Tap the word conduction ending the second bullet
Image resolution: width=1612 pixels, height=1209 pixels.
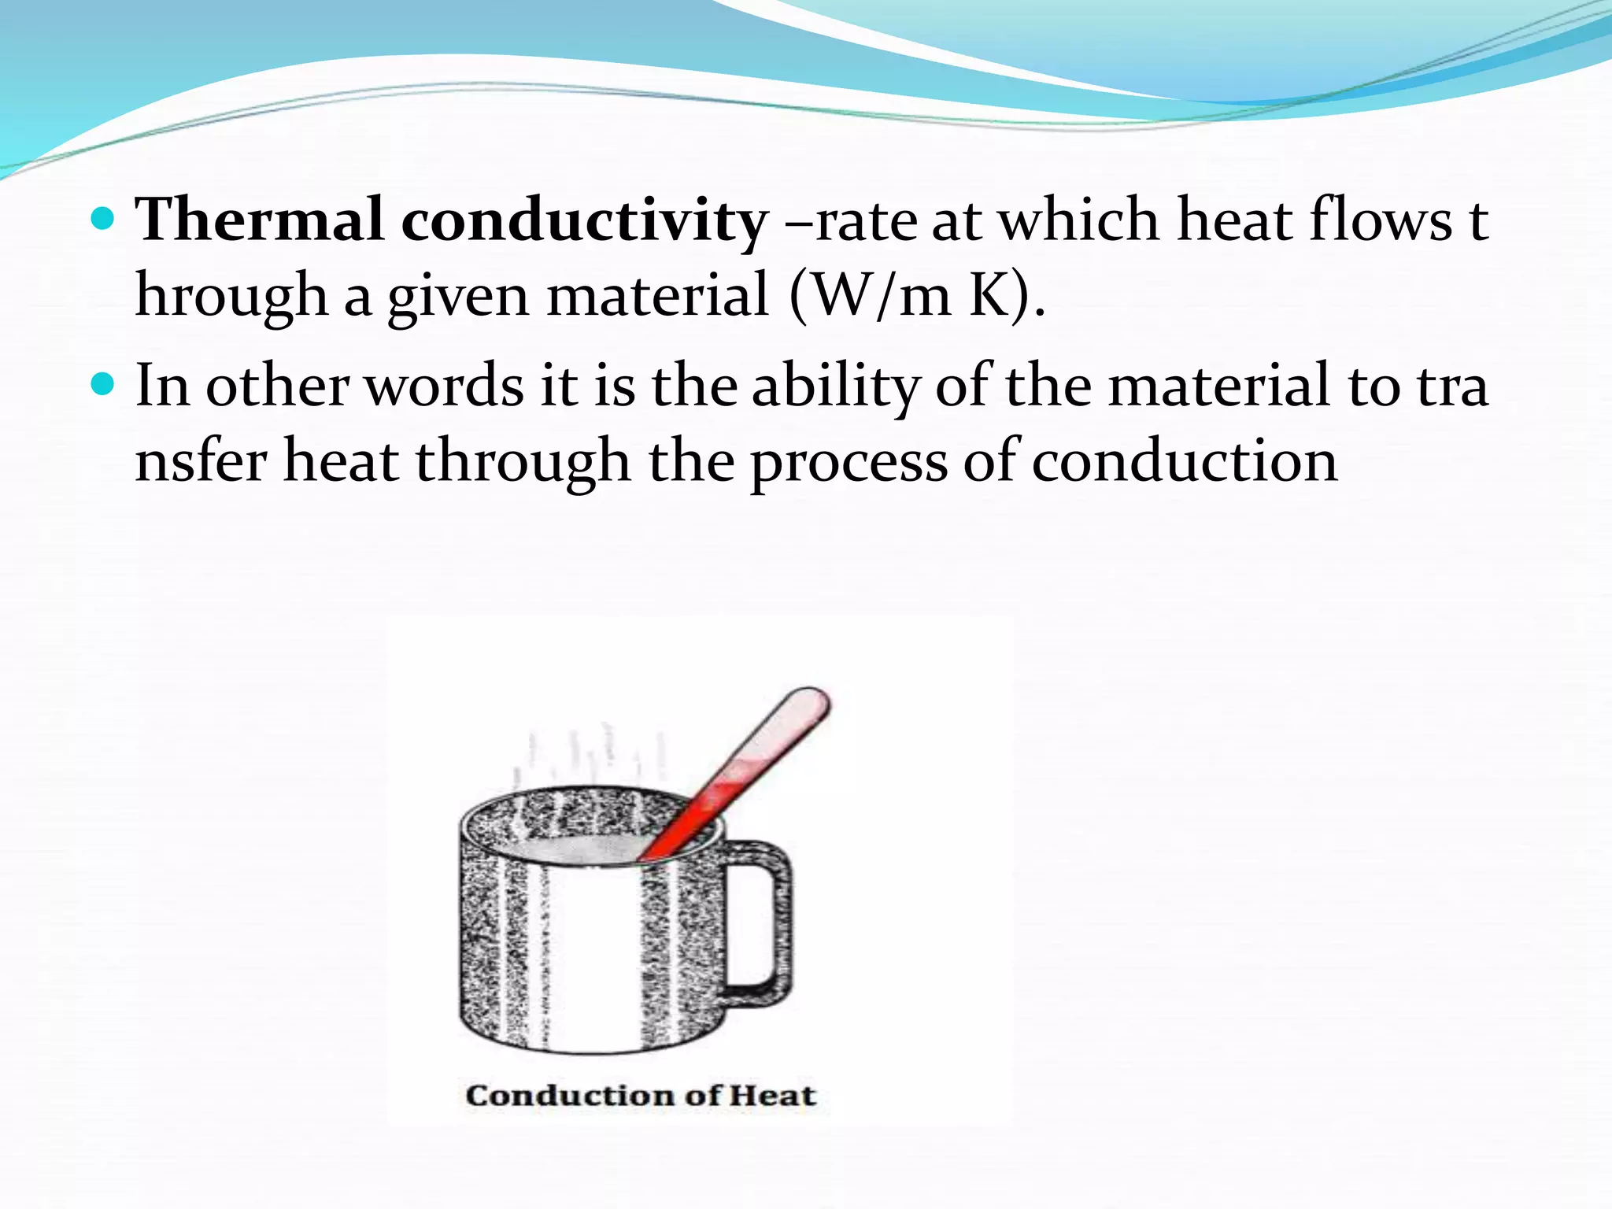point(1184,462)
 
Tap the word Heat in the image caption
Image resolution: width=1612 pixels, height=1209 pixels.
point(771,1096)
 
